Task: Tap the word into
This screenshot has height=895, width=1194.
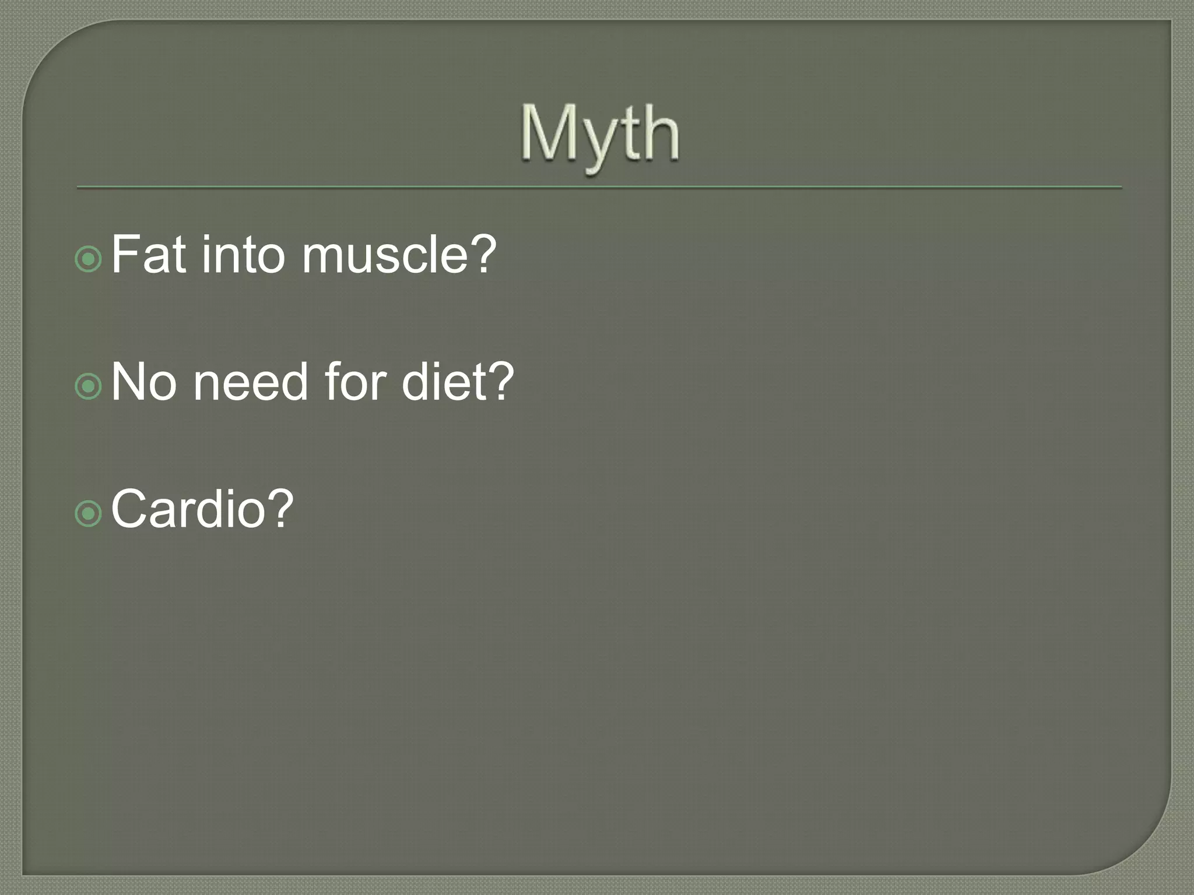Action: coord(243,254)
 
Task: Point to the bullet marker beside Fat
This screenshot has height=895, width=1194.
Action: coord(89,259)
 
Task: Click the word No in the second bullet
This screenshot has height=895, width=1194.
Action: coord(143,382)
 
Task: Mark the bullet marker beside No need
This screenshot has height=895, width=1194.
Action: coord(89,386)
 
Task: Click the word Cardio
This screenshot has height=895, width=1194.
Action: coord(188,509)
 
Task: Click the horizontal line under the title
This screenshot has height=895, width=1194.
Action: coord(599,188)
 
